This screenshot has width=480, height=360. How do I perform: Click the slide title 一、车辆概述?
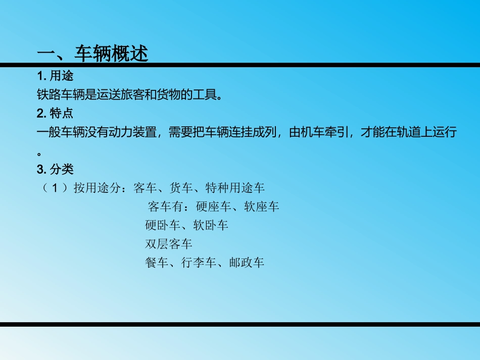click(93, 53)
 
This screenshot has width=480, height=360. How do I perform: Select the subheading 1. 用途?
click(55, 77)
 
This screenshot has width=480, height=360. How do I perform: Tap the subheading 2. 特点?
click(55, 113)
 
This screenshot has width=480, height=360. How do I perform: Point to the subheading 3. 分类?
click(55, 169)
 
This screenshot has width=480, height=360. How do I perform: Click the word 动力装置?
click(134, 132)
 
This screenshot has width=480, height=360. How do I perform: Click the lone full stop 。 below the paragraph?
click(39, 152)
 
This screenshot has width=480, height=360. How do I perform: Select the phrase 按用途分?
click(97, 188)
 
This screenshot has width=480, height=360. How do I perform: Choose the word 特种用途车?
click(235, 188)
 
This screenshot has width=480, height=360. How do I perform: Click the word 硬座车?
click(214, 207)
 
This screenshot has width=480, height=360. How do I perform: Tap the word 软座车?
click(262, 207)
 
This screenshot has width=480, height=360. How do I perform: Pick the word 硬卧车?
click(163, 225)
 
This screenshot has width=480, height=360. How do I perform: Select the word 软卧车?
click(211, 225)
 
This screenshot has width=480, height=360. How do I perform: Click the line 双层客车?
click(169, 244)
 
